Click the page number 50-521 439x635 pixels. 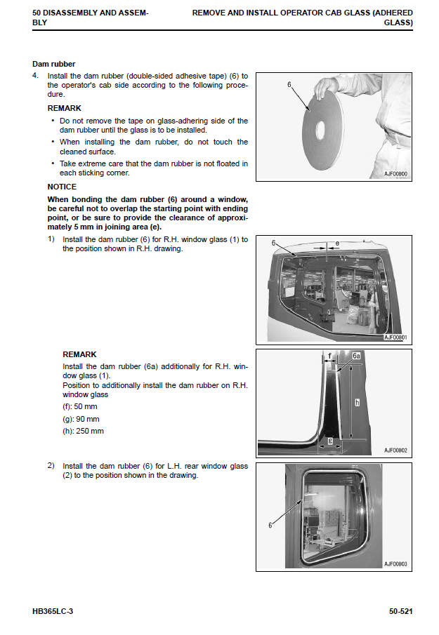[x=400, y=612]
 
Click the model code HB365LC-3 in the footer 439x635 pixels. [x=53, y=612]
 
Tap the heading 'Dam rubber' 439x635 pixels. [x=54, y=64]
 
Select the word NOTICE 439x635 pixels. [x=62, y=187]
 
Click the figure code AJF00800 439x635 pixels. [x=395, y=173]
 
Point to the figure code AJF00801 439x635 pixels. [x=395, y=337]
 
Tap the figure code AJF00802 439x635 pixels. [x=395, y=450]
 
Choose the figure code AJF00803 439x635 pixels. [x=395, y=563]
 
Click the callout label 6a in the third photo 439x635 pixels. [x=356, y=356]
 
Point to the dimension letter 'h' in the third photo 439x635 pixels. [x=358, y=402]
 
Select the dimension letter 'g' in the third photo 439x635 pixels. [x=330, y=441]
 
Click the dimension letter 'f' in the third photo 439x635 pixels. [x=329, y=356]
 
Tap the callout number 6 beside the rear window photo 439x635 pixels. [x=270, y=525]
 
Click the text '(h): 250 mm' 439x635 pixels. [x=83, y=431]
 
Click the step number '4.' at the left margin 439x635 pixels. [x=36, y=76]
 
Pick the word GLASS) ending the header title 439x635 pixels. [x=398, y=22]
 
